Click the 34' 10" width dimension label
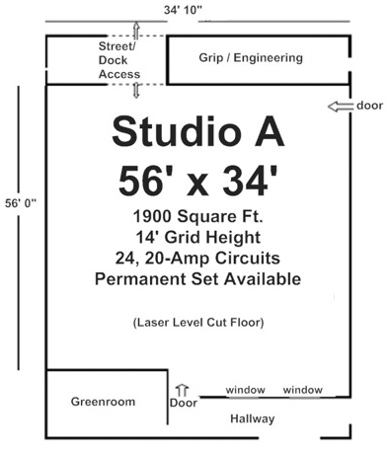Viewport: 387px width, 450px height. pyautogui.click(x=183, y=10)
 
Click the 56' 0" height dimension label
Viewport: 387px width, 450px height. pyautogui.click(x=21, y=203)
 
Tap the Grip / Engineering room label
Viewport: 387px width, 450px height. pyautogui.click(x=251, y=58)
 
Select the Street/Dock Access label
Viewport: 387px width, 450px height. pyautogui.click(x=119, y=60)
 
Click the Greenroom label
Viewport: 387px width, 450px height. pyautogui.click(x=103, y=402)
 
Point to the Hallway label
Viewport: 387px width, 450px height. pyautogui.click(x=253, y=418)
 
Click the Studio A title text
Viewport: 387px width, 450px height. pyautogui.click(x=197, y=131)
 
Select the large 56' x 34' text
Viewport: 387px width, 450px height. pyautogui.click(x=197, y=181)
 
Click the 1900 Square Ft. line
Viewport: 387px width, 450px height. pyautogui.click(x=197, y=216)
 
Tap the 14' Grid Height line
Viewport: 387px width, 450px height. pyautogui.click(x=198, y=237)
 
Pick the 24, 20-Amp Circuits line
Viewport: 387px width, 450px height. pyautogui.click(x=197, y=259)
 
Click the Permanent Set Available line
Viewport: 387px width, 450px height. pyautogui.click(x=197, y=279)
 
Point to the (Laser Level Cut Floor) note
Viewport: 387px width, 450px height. pyautogui.click(x=198, y=322)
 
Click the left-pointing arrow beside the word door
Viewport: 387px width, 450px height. pyautogui.click(x=340, y=107)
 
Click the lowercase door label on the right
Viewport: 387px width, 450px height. pyautogui.click(x=370, y=106)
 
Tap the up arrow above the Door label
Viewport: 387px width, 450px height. pyautogui.click(x=182, y=391)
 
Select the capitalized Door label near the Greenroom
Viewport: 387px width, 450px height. pyautogui.click(x=184, y=403)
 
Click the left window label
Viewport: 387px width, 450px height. pyautogui.click(x=246, y=390)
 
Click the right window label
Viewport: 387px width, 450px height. pyautogui.click(x=303, y=390)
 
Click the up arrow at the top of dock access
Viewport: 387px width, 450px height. pyautogui.click(x=136, y=31)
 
